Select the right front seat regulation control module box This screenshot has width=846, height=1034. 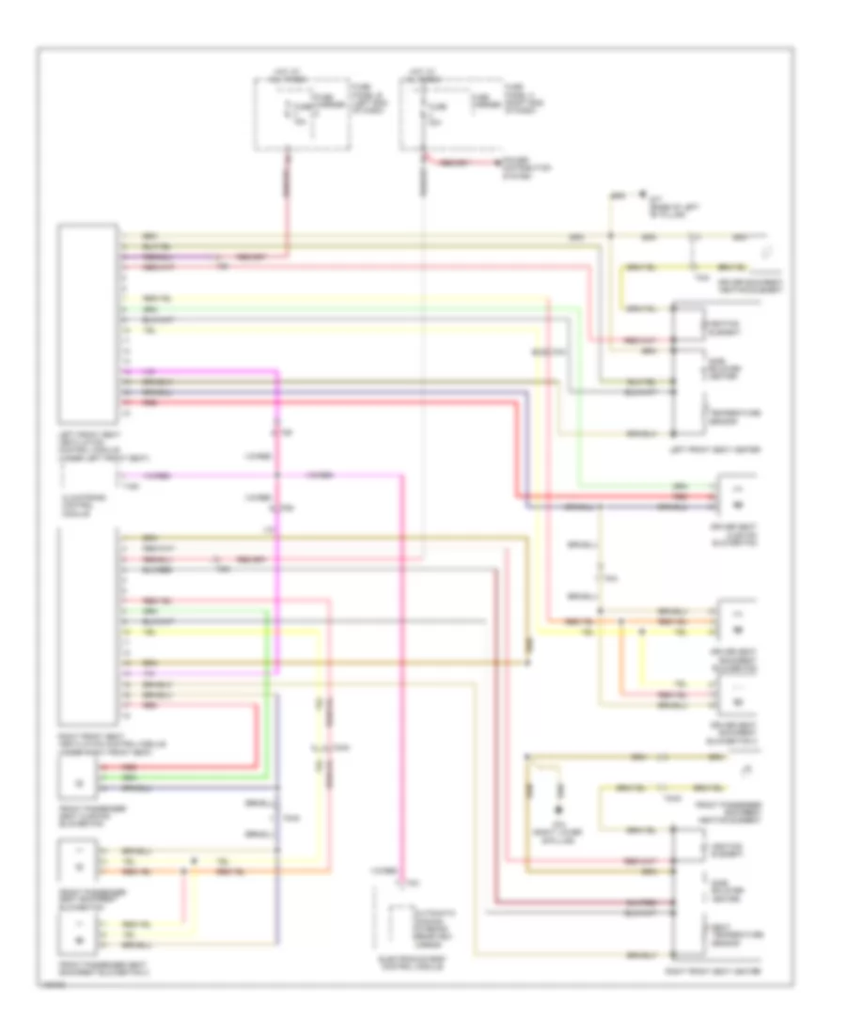[x=87, y=621]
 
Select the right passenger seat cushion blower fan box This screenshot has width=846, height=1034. [x=80, y=779]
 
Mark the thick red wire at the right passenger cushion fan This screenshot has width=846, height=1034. [x=188, y=767]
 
